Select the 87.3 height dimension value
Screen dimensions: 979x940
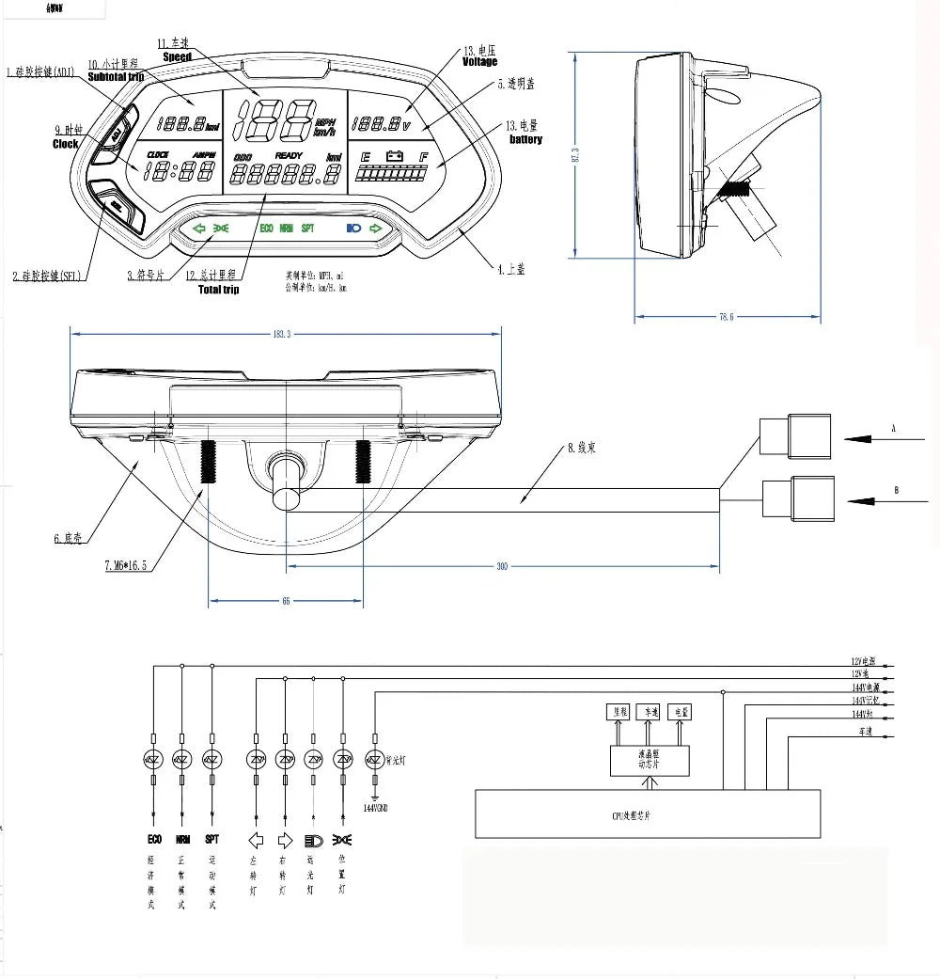click(574, 155)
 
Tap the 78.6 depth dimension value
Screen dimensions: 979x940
click(726, 317)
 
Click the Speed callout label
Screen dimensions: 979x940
click(177, 57)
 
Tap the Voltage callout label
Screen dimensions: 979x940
click(479, 62)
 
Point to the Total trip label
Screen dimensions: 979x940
click(218, 290)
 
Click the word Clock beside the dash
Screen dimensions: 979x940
click(66, 144)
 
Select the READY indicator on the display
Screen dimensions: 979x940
click(290, 155)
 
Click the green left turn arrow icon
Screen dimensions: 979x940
click(198, 229)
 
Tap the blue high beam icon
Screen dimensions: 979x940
click(353, 229)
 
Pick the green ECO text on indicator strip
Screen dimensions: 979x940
click(266, 229)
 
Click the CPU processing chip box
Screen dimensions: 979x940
click(648, 813)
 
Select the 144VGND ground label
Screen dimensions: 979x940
click(375, 808)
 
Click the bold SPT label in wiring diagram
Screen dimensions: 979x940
click(211, 840)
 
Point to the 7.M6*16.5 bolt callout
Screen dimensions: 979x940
click(125, 565)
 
